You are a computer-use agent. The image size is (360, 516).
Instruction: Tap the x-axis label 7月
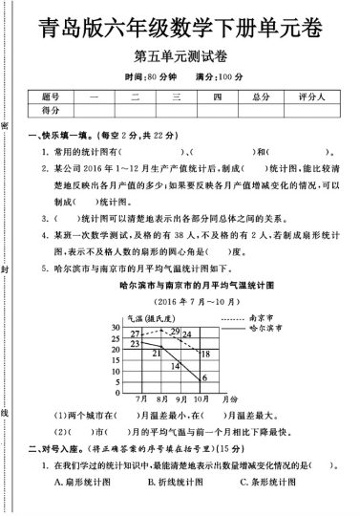pyautogui.click(x=141, y=397)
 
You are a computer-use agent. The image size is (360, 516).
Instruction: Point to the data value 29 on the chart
pyautogui.click(x=175, y=331)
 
